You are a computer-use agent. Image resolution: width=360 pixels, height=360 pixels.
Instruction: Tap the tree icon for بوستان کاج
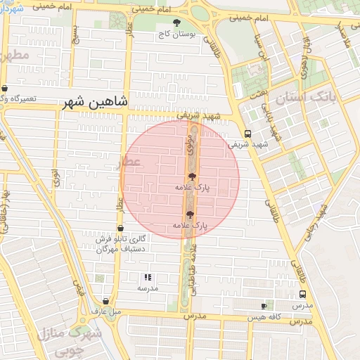pyautogui.click(x=176, y=22)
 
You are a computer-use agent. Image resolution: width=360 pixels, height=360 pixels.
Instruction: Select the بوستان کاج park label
pyautogui.click(x=176, y=33)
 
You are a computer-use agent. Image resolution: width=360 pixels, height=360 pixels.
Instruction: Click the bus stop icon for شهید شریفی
pyautogui.click(x=247, y=134)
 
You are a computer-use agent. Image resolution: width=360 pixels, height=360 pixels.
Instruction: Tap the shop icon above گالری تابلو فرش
pyautogui.click(x=120, y=229)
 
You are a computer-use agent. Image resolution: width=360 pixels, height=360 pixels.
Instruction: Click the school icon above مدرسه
pyautogui.click(x=148, y=277)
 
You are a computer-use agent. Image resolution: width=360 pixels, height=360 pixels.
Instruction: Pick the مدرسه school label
pyautogui.click(x=148, y=288)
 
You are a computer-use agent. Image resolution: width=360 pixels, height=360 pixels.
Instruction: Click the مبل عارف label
pyautogui.click(x=112, y=311)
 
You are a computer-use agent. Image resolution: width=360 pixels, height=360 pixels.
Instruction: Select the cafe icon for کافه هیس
pyautogui.click(x=264, y=306)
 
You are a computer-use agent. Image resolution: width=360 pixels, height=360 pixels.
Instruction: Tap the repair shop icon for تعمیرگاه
pyautogui.click(x=5, y=89)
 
